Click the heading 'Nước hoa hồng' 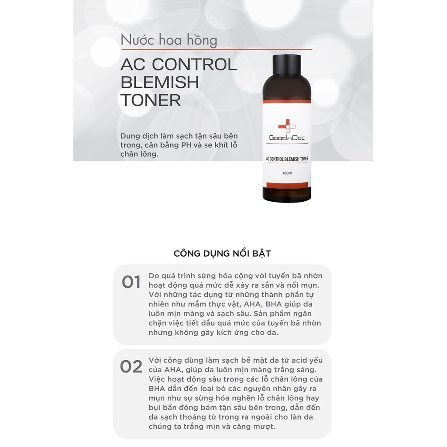[169, 40]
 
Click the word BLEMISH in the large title [160, 83]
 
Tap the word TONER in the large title [151, 100]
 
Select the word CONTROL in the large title [194, 65]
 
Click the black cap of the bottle [286, 65]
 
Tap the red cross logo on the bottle [287, 126]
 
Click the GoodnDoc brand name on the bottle [287, 138]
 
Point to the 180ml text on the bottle [287, 173]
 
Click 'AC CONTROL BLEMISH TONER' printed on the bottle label [287, 159]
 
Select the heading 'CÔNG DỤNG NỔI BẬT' [222, 254]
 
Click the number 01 [131, 282]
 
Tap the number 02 [131, 367]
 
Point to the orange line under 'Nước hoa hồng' [217, 50]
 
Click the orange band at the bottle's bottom [287, 185]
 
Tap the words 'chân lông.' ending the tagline [139, 154]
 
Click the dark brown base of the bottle [287, 194]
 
